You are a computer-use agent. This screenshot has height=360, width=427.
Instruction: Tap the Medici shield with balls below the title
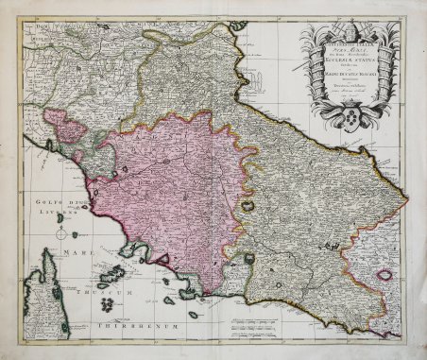coord(351,124)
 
